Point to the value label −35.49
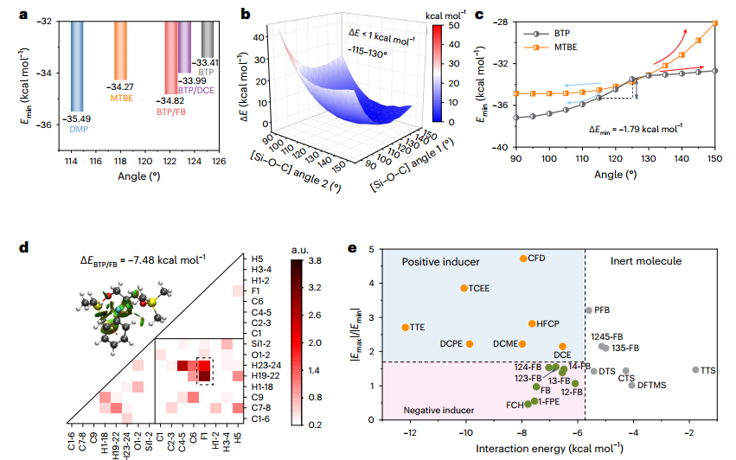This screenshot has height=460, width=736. tap(76, 118)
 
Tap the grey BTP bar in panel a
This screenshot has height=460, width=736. tap(208, 39)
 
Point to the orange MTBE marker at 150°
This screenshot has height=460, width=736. tap(715, 22)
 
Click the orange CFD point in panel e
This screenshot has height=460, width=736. tap(523, 259)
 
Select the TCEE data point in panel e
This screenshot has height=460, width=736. tap(464, 288)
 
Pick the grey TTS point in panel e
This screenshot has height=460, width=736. tap(695, 370)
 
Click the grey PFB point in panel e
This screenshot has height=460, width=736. tap(589, 310)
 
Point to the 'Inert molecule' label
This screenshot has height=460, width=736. tap(646, 261)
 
